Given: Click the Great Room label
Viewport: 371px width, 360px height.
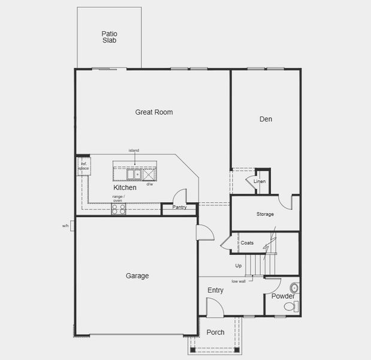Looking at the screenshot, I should [154, 112].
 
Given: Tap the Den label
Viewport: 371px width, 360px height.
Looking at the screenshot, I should [266, 119].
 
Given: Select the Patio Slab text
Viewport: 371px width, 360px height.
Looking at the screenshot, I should [109, 37].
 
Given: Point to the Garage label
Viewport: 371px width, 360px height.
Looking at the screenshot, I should [137, 276].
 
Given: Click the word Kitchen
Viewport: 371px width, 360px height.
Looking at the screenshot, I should [125, 188].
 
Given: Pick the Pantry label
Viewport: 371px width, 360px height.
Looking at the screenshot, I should [179, 208].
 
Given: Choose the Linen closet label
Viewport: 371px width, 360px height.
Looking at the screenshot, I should [260, 181].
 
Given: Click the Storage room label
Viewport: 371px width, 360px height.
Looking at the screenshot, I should [265, 214].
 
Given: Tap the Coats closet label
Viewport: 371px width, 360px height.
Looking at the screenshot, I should [248, 243].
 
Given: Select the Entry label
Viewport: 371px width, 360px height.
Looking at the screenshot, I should [215, 290].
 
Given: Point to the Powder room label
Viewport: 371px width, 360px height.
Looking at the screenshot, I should [283, 296].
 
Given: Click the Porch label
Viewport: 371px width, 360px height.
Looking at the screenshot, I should [215, 332].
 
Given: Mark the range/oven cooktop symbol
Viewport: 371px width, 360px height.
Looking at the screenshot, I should [118, 209].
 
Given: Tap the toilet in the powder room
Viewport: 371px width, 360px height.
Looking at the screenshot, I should [290, 307].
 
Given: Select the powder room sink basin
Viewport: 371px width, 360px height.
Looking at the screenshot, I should [294, 288].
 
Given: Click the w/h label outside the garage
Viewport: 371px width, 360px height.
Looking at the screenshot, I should [65, 226].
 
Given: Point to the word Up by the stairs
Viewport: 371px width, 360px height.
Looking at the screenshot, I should [239, 266].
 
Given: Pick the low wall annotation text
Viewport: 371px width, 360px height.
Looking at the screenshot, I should [239, 281].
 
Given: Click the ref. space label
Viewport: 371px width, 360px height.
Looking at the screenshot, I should [84, 166].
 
